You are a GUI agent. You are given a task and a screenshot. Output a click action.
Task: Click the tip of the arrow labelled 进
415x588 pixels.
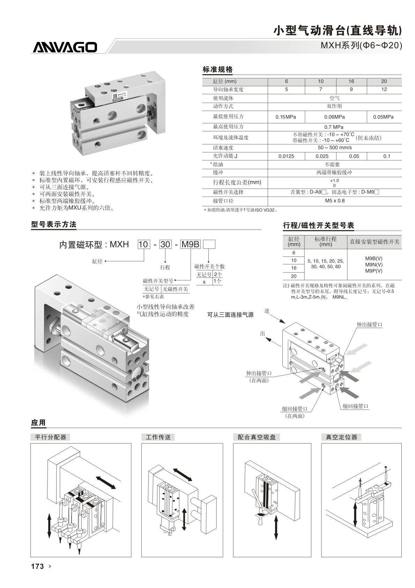[285, 323]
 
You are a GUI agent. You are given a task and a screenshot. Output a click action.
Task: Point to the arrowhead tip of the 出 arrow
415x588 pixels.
[266, 338]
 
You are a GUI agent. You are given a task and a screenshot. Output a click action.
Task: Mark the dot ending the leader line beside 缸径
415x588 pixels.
[105, 261]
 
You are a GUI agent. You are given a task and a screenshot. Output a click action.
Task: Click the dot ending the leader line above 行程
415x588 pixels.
[165, 261]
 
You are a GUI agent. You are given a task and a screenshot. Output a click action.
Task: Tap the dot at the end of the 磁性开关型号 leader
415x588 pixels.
[175, 281]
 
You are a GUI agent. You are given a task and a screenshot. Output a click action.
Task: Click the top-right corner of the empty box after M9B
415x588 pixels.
[215, 240]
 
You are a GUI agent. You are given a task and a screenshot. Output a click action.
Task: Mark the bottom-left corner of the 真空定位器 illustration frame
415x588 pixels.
[321, 557]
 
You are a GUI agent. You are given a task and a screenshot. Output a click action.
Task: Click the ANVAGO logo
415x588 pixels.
[65, 47]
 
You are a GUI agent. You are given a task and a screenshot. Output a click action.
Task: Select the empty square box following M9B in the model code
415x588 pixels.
[209, 244]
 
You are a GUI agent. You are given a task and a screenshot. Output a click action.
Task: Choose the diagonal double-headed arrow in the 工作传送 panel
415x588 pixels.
[183, 474]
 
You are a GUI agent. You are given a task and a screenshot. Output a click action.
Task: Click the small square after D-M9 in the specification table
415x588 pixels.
[377, 192]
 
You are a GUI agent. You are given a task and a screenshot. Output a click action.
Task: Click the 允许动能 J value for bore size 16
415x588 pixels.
[354, 156]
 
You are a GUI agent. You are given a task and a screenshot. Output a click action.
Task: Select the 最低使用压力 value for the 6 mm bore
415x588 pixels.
[286, 117]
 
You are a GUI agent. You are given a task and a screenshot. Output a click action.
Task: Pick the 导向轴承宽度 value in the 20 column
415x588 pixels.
[384, 89]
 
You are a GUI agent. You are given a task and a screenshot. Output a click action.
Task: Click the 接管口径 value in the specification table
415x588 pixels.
[335, 201]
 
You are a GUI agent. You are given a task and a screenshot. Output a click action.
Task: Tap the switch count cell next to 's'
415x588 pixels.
[217, 281]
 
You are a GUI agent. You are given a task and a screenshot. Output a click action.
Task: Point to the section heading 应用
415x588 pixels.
[38, 423]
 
